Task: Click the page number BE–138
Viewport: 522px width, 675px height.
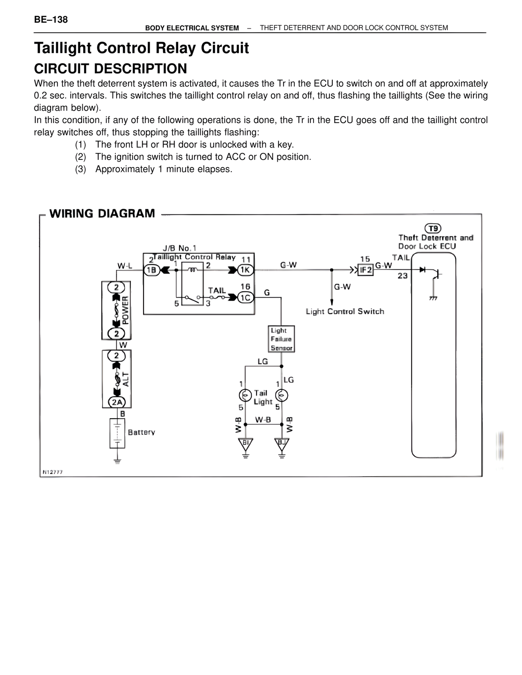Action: tap(51, 20)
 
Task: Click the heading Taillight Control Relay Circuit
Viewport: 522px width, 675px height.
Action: tap(141, 48)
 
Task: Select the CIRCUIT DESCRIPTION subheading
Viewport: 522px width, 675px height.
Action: tap(110, 68)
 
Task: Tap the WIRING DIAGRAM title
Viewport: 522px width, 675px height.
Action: tap(102, 214)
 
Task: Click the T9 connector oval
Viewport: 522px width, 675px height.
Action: tap(433, 228)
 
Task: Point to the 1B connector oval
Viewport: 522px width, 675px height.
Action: tap(152, 270)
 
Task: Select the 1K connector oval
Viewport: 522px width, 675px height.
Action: tap(245, 270)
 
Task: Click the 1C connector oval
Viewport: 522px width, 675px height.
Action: tap(245, 298)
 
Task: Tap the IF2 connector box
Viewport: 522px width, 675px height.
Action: tap(365, 270)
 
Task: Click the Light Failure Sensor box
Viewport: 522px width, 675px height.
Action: tap(281, 339)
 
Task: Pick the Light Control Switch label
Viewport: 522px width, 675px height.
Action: tap(345, 311)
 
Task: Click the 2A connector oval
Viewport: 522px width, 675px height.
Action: tap(117, 402)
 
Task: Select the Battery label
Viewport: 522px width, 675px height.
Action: tap(142, 432)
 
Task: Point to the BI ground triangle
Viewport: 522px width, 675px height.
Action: tap(246, 443)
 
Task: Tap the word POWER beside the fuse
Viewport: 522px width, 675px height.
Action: tap(125, 310)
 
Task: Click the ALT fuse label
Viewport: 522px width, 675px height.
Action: tap(126, 379)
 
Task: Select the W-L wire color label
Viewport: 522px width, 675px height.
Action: tap(125, 266)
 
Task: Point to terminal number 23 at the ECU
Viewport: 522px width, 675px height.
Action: tap(403, 276)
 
